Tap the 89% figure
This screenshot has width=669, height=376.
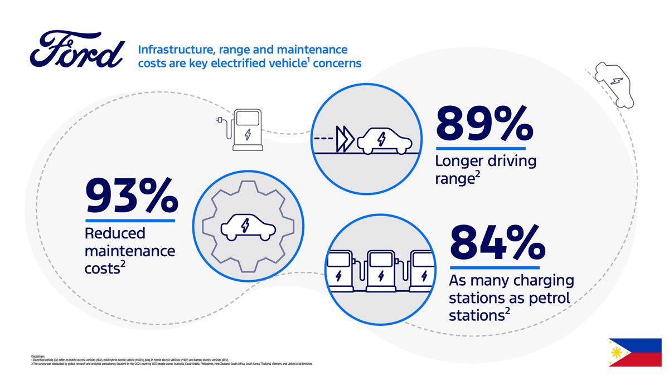pos(484,124)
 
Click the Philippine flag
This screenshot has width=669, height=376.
pos(634,352)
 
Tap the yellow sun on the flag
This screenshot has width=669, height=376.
pos(617,353)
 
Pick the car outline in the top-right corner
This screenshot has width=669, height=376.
pos(614,84)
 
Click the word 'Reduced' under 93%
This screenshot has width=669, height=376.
pos(115,233)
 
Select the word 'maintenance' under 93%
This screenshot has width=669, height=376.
pos(129,251)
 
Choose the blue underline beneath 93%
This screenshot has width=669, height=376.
pos(130,221)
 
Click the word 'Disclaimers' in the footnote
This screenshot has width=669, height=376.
pos(38,356)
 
